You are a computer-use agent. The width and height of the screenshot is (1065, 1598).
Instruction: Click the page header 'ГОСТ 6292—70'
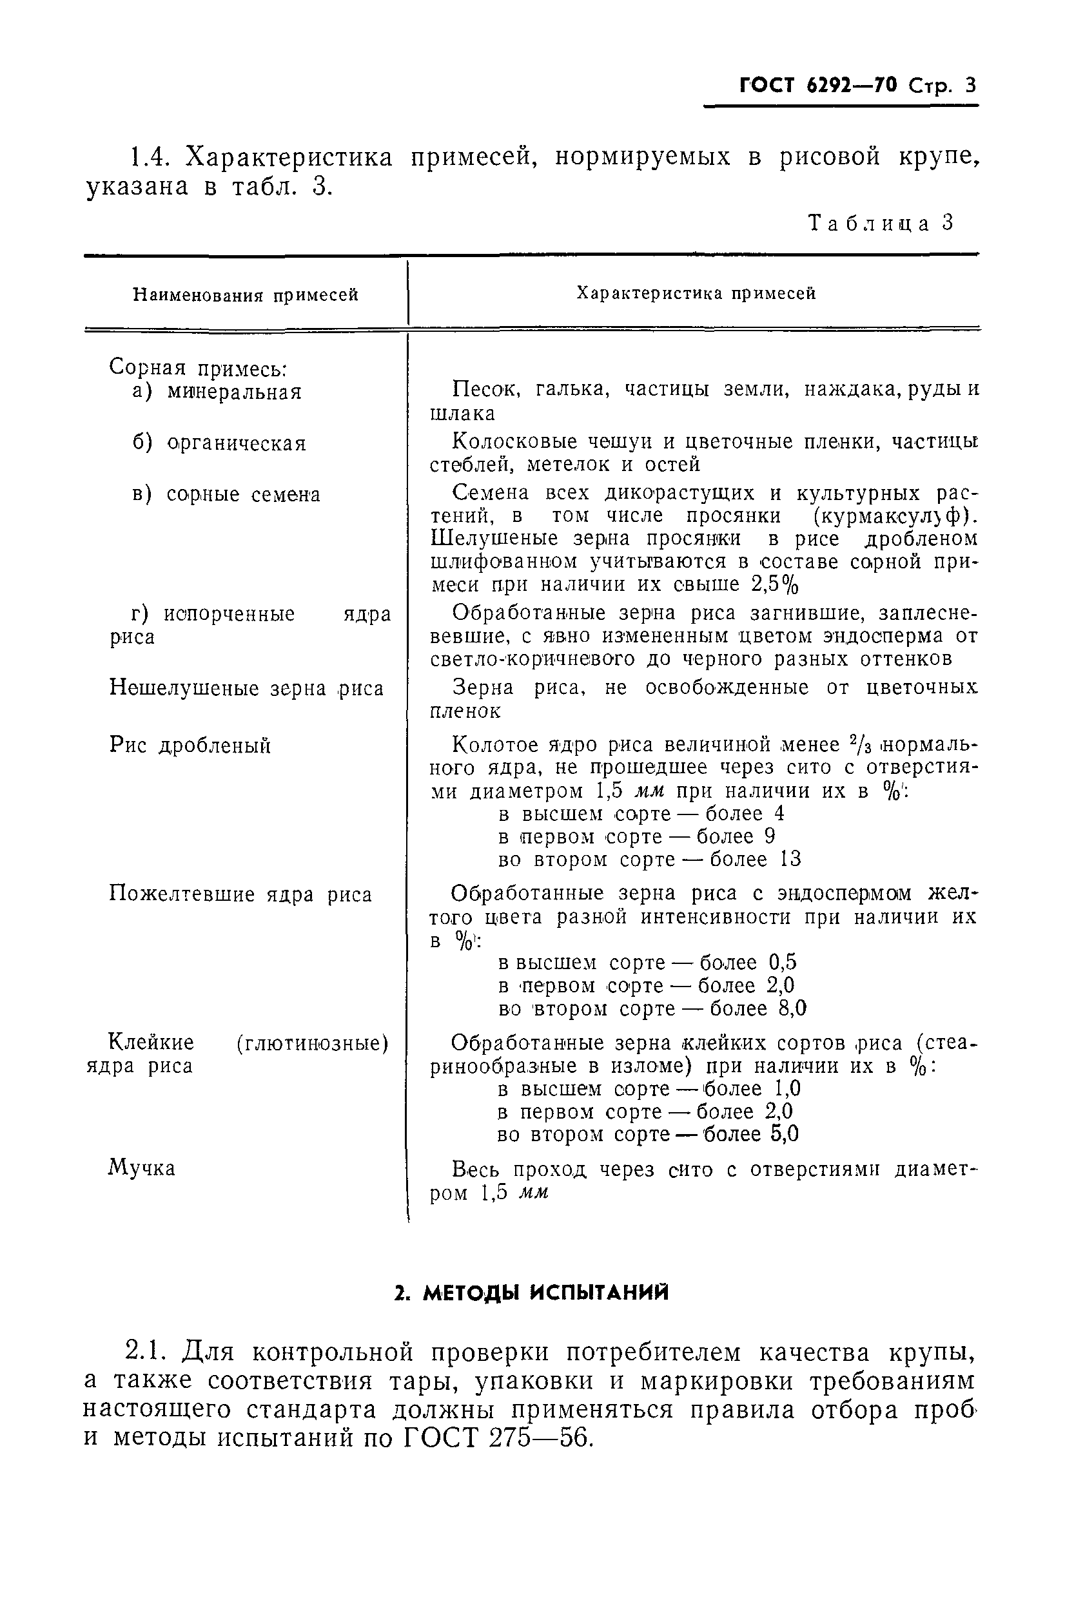click(817, 86)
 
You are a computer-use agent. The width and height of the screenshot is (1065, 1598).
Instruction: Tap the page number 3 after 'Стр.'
click(970, 86)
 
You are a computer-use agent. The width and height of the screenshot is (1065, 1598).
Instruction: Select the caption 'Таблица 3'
click(881, 224)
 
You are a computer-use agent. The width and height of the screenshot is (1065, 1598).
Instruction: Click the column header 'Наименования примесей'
click(245, 294)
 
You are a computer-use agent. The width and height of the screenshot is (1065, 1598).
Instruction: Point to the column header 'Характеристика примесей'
click(696, 293)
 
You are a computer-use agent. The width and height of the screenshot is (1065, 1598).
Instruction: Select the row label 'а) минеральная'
click(217, 392)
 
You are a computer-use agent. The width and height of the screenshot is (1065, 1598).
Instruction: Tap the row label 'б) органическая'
click(219, 443)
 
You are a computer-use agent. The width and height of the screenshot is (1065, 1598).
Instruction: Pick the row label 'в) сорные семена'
click(226, 494)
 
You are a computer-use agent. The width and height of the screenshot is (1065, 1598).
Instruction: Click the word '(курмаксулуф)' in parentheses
click(886, 516)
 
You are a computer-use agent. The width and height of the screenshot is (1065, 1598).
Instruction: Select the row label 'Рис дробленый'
click(190, 746)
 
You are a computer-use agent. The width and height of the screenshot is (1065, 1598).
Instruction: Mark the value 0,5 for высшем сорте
click(783, 962)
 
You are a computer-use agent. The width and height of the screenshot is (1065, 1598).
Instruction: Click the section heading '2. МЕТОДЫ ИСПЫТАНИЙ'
click(532, 1293)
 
